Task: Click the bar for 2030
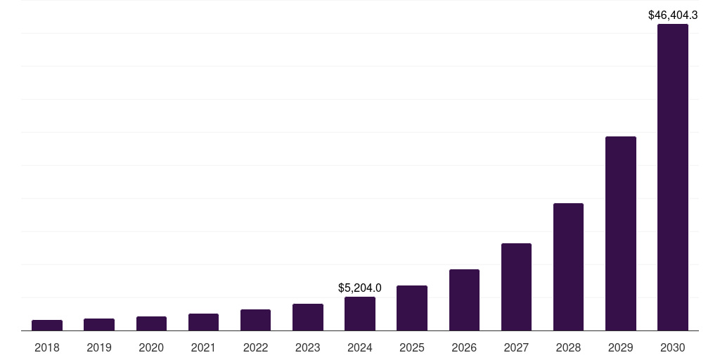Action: tap(672, 177)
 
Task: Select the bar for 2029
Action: tap(620, 233)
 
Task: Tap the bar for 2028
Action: tap(568, 266)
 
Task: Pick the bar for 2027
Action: tap(516, 287)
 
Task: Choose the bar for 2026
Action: tap(464, 300)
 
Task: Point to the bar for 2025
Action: tap(412, 308)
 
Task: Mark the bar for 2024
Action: tap(360, 314)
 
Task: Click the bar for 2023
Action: tap(308, 317)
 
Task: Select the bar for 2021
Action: tap(203, 322)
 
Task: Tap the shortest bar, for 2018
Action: tap(47, 325)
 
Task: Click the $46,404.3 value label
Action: tap(672, 14)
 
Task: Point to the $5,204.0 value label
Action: tap(360, 288)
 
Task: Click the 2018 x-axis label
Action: tap(47, 347)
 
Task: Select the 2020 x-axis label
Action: tap(151, 347)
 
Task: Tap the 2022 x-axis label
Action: tap(255, 347)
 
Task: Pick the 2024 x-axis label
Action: tap(360, 347)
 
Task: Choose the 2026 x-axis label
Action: tap(464, 347)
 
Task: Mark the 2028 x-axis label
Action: tap(568, 347)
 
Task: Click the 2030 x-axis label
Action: tap(672, 347)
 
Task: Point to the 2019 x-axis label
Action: tap(99, 347)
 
